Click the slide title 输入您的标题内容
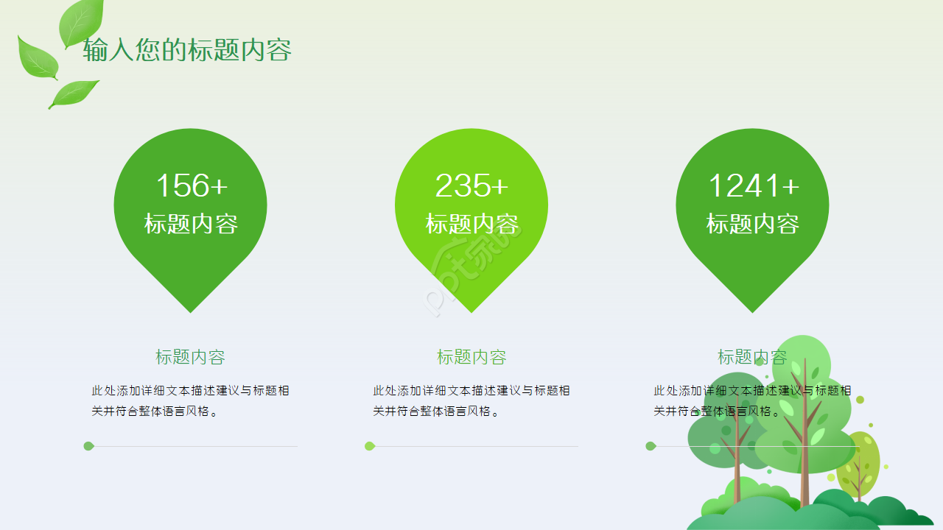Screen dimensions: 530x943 point(187,50)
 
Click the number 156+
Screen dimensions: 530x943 point(191,185)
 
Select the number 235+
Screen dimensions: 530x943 point(471,185)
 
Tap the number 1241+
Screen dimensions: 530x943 point(753,185)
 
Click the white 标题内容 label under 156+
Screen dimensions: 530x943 point(191,224)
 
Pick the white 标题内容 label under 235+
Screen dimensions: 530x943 point(471,224)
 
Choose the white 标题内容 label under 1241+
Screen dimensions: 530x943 point(753,224)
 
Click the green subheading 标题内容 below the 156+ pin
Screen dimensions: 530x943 point(190,357)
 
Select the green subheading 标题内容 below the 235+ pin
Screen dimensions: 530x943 point(471,357)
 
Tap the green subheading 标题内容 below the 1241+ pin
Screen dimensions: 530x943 point(752,357)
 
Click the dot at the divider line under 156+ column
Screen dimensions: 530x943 point(88,446)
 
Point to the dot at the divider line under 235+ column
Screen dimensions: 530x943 point(370,446)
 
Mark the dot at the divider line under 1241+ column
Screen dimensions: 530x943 point(651,446)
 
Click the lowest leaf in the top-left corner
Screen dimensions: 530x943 point(74,93)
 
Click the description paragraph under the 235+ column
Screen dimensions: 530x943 point(471,400)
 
